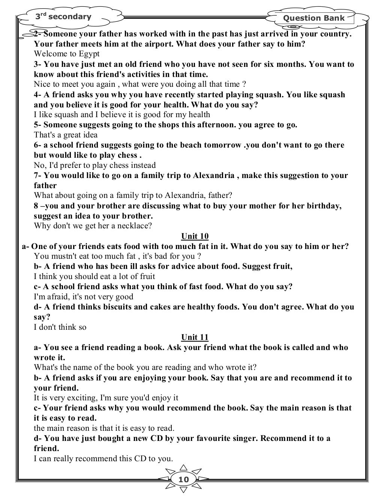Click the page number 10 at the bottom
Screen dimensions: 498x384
click(x=184, y=480)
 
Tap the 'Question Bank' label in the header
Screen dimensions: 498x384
click(x=313, y=18)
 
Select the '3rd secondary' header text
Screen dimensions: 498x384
click(x=63, y=17)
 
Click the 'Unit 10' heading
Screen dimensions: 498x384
click(x=195, y=236)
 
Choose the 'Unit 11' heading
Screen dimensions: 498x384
click(x=195, y=337)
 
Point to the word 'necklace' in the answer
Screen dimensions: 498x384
click(x=135, y=226)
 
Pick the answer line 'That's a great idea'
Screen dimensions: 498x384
click(x=66, y=135)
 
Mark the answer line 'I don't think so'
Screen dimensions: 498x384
click(x=60, y=327)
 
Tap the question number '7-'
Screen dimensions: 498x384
click(x=38, y=175)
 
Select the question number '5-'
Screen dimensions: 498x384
click(x=38, y=125)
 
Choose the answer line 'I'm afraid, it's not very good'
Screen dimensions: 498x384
click(x=83, y=297)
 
